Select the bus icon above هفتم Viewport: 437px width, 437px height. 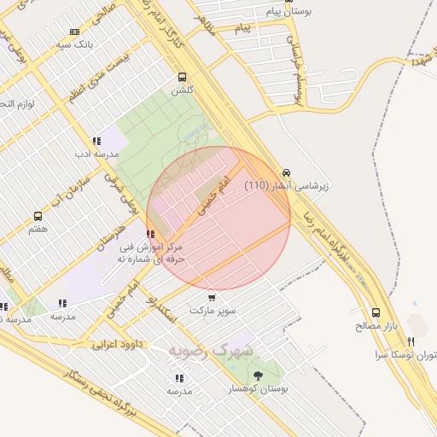click(38, 217)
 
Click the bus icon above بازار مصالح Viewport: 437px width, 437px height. click(376, 313)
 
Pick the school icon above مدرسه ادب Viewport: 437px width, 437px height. click(96, 142)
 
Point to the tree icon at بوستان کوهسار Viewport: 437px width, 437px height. click(258, 376)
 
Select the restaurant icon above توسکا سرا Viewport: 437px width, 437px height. click(411, 341)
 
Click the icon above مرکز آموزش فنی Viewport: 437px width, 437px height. click(150, 234)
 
